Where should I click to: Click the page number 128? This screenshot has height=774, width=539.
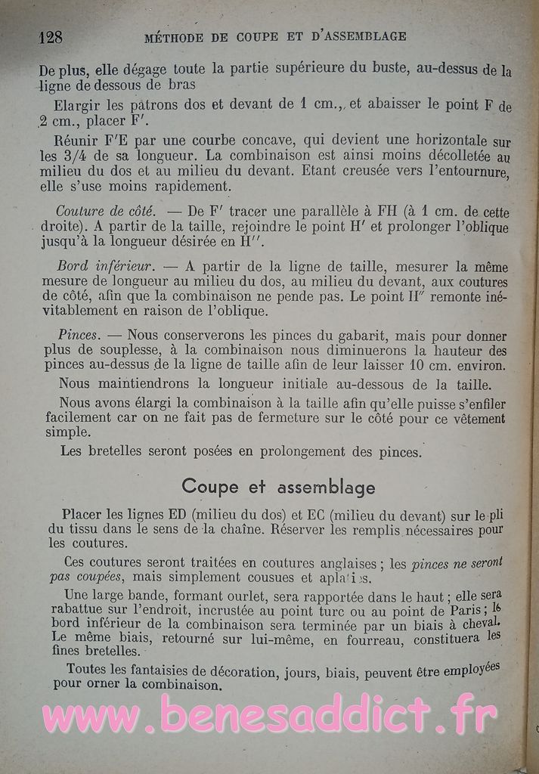pos(51,37)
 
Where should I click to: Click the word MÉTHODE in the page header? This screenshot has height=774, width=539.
pos(174,36)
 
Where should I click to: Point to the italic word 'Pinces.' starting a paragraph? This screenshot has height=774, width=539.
pos(78,334)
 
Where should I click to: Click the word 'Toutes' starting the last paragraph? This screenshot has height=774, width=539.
pos(89,669)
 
